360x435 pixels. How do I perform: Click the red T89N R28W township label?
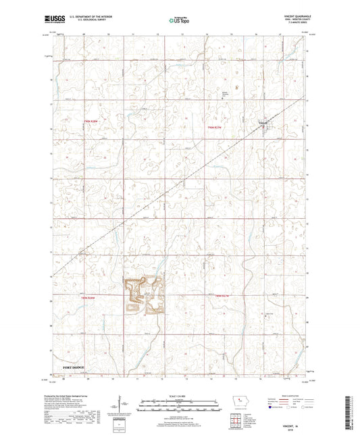[x=90, y=297]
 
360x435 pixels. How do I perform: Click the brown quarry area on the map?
[x=143, y=296]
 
